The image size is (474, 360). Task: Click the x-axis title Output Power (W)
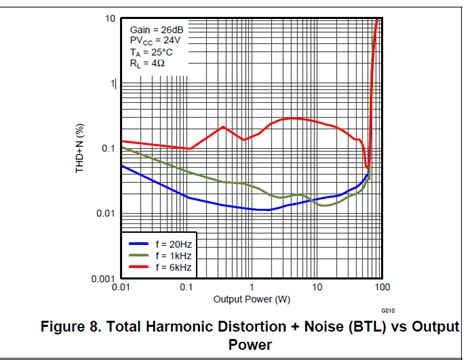pyautogui.click(x=251, y=299)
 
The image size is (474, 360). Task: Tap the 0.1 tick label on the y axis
pyautogui.click(x=107, y=148)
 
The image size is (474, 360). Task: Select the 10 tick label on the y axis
pyautogui.click(x=108, y=19)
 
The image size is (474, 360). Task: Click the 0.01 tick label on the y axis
pyautogui.click(x=105, y=213)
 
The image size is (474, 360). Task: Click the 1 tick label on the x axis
pyautogui.click(x=252, y=288)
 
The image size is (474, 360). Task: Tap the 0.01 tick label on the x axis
pyautogui.click(x=121, y=288)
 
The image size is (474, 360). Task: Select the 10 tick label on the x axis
pyautogui.click(x=317, y=288)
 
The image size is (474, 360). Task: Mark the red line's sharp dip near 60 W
pyautogui.click(x=368, y=168)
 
